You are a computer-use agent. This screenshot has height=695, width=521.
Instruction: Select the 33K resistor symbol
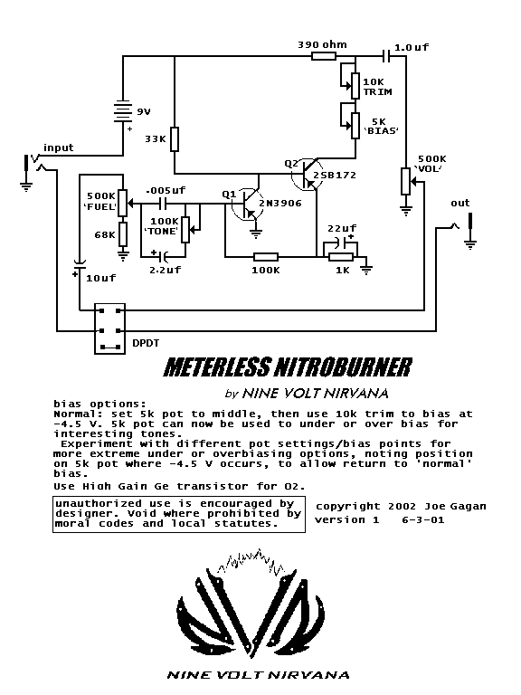click(x=175, y=138)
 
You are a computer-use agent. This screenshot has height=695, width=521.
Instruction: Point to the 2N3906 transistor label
click(x=280, y=204)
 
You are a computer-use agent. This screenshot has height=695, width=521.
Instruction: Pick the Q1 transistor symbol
click(x=246, y=205)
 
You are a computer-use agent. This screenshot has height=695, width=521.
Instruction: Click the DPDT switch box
click(x=109, y=329)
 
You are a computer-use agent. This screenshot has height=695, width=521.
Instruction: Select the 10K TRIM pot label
click(x=377, y=87)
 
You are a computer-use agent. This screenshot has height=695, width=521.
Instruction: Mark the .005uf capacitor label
click(x=166, y=191)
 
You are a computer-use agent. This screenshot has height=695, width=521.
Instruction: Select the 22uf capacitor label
click(x=340, y=227)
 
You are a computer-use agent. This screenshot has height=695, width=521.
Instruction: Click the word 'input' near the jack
click(x=58, y=148)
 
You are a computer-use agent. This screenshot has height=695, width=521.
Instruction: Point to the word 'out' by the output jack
click(x=461, y=203)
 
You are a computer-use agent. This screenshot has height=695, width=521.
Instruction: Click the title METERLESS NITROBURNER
click(x=287, y=367)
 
